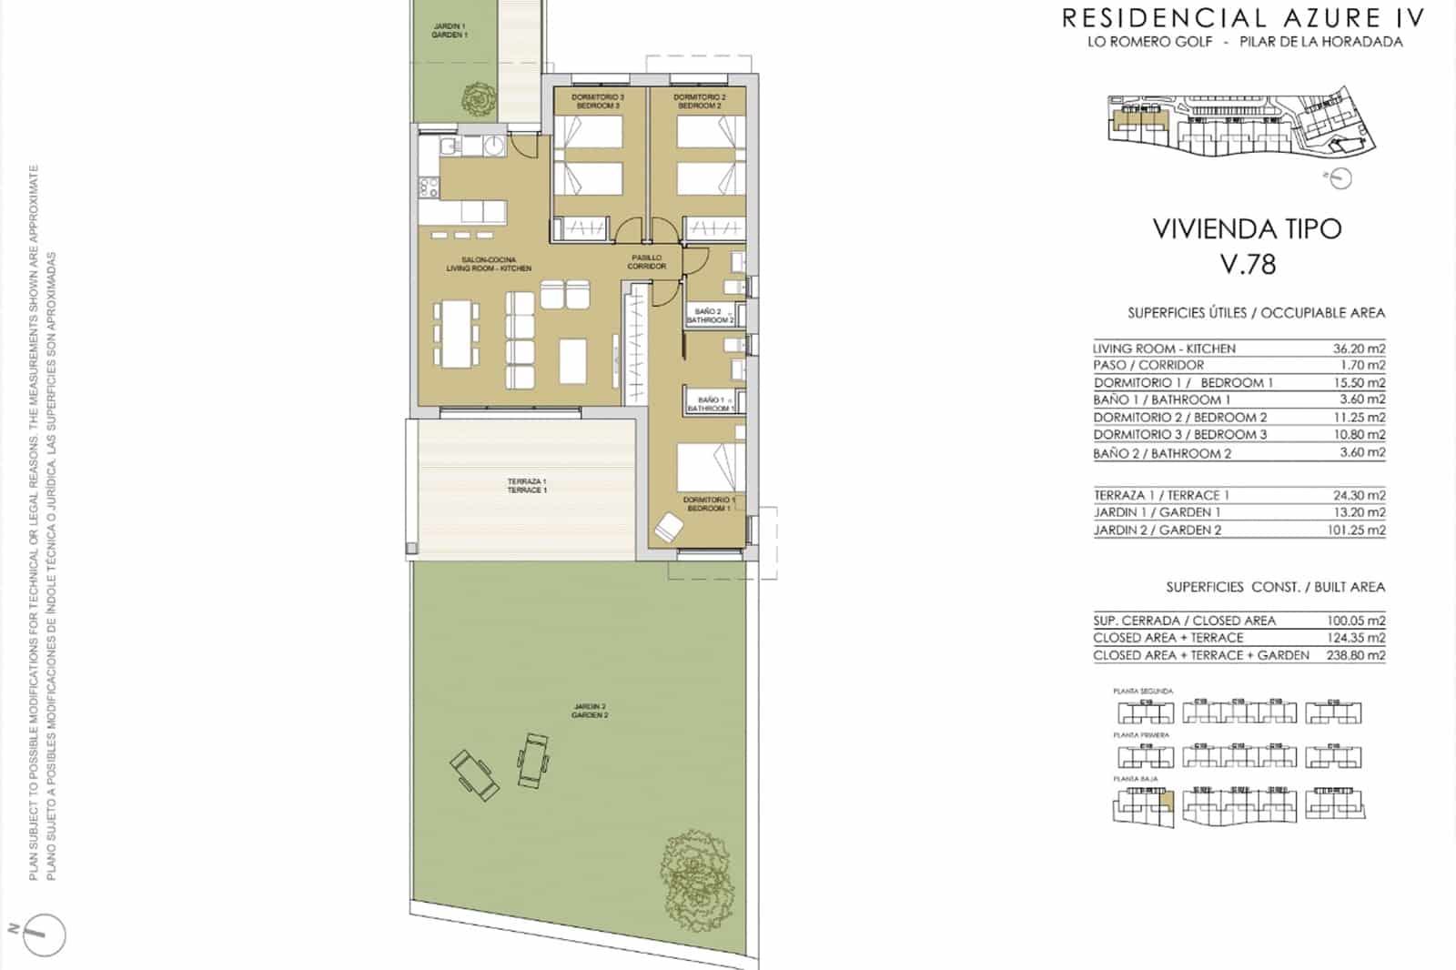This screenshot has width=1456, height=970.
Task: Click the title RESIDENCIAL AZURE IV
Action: (x=1244, y=17)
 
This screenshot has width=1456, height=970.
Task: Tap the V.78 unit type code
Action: (x=1248, y=264)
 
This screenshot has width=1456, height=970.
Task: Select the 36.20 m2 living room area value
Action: (x=1355, y=349)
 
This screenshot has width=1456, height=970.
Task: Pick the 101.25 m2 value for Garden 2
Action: (x=1355, y=530)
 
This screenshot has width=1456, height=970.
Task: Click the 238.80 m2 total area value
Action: (x=1355, y=655)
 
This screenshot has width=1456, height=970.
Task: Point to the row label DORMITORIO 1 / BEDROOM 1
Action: (x=1183, y=383)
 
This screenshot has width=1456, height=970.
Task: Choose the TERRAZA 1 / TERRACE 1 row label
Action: (x=1161, y=495)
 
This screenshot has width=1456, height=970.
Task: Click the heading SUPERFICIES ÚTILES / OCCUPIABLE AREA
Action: (x=1256, y=313)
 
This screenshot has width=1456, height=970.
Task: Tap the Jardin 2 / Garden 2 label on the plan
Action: (x=590, y=711)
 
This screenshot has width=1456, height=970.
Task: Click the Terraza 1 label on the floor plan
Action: (x=527, y=486)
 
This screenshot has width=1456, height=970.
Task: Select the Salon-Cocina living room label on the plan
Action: (x=489, y=264)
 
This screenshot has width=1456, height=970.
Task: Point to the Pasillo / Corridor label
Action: (x=647, y=262)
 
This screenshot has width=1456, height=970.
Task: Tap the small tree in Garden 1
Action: (x=476, y=95)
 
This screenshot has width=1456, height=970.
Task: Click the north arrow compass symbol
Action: (x=41, y=934)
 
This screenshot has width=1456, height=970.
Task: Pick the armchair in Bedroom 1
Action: (x=670, y=528)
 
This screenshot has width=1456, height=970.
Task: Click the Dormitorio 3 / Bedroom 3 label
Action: (x=598, y=101)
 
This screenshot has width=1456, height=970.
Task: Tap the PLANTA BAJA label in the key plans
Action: (x=1130, y=780)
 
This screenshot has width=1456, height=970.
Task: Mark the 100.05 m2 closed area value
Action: (x=1355, y=621)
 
